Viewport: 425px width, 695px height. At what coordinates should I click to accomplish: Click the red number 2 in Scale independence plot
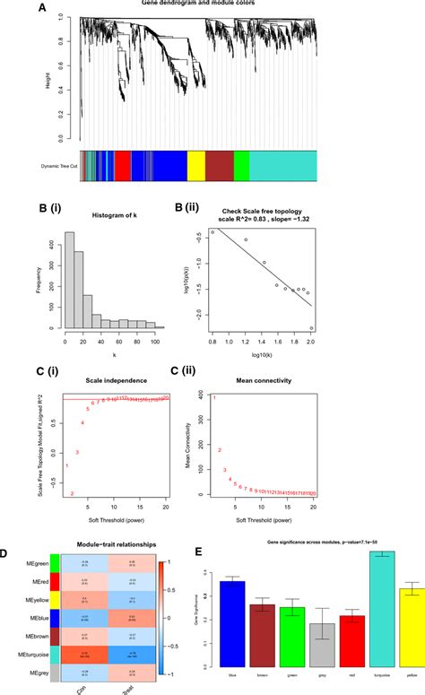[x=73, y=492]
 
